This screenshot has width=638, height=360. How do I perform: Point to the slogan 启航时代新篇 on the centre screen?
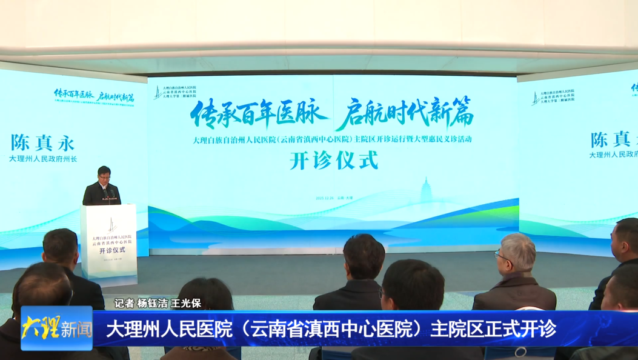click(x=404, y=112)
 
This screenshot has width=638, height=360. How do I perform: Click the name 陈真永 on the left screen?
click(x=42, y=143)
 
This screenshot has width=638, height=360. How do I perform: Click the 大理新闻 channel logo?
click(x=56, y=328)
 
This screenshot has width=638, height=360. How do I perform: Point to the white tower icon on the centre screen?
click(x=425, y=189)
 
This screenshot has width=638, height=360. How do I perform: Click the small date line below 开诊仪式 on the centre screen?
click(x=334, y=198)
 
